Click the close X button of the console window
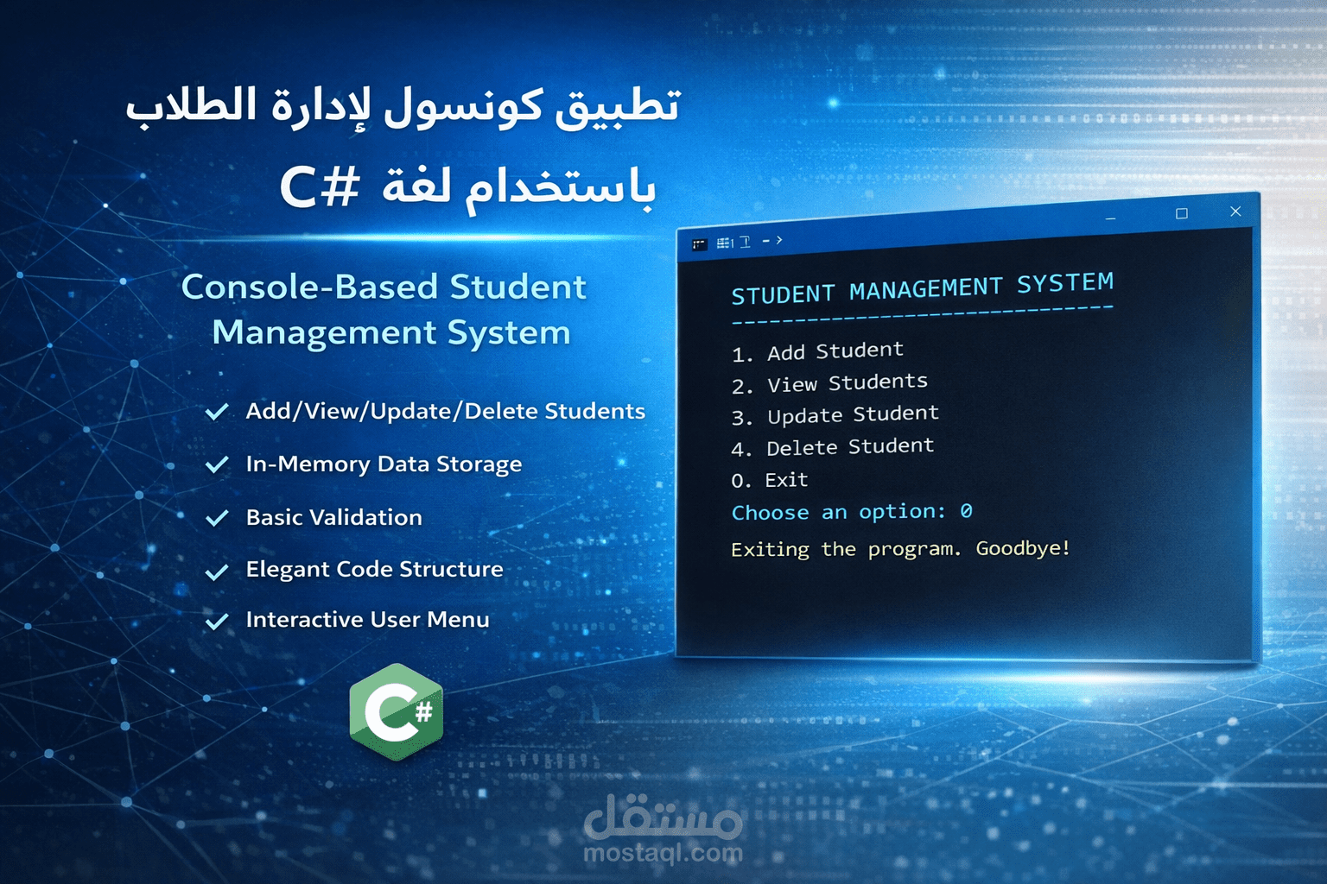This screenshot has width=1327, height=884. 1235,212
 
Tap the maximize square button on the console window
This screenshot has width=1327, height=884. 1182,214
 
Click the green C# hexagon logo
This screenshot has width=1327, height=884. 397,711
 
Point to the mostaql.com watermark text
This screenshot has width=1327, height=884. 663,854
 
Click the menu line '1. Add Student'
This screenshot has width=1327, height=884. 817,351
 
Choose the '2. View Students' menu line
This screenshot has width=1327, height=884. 829,383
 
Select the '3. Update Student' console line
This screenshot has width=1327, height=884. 835,415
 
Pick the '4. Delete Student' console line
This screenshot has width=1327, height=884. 833,447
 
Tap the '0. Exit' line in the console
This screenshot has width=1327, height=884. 769,480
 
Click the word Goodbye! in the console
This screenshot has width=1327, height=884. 1023,548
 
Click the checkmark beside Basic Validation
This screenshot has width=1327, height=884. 217,518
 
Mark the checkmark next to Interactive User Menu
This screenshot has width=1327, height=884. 217,621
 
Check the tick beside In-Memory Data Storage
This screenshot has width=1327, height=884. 217,464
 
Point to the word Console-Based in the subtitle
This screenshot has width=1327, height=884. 310,287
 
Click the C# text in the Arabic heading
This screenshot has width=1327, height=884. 319,186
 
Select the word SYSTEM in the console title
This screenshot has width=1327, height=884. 1065,283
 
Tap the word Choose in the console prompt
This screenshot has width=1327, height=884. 770,513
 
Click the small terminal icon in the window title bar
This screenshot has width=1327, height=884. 700,245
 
